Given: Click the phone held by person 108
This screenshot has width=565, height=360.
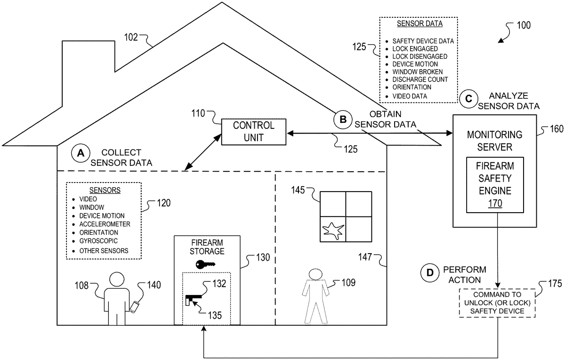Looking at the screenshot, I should point(135,307).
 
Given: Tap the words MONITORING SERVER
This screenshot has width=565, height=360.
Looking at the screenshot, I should point(494,140).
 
